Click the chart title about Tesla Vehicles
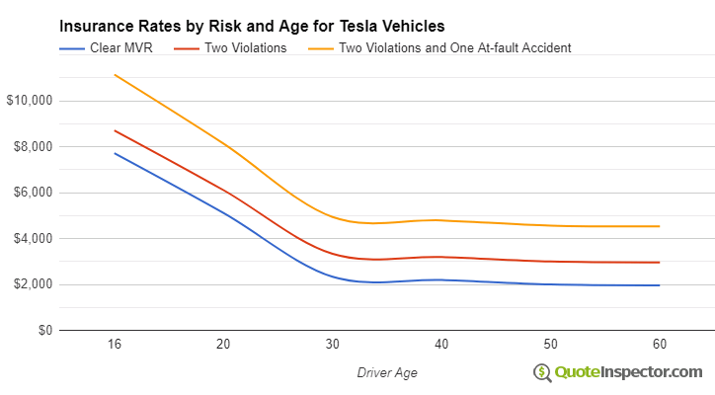point(252,26)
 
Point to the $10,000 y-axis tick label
point(29,101)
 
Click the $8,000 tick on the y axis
point(32,147)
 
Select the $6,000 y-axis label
point(32,193)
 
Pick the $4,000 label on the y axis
point(32,239)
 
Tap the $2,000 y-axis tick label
point(32,284)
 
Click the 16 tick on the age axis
point(115,345)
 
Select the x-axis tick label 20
point(223,345)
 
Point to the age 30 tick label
point(333,345)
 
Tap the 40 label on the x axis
point(441,345)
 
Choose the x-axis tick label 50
point(550,345)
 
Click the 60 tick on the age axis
point(659,345)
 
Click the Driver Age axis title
point(387,372)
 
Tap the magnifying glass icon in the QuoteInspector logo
point(542,372)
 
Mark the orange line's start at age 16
point(115,75)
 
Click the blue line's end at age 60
point(659,285)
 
